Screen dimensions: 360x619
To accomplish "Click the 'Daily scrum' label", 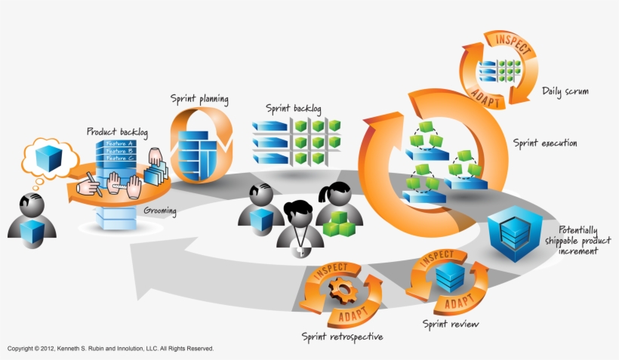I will [x=565, y=91].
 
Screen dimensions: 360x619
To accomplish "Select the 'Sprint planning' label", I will [x=199, y=99].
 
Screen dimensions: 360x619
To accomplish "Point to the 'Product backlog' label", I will [x=117, y=131].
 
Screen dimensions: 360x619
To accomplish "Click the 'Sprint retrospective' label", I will [x=342, y=336].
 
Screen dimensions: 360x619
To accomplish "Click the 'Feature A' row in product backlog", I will [x=119, y=143].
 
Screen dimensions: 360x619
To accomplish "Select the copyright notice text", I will [x=111, y=349].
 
